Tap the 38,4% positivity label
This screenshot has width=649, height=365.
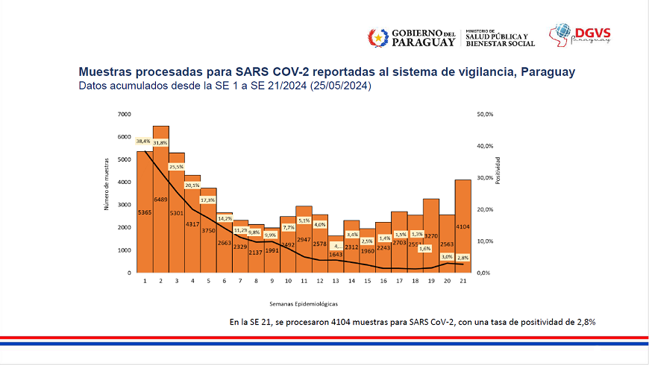click(x=143, y=141)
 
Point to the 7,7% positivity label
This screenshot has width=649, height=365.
click(x=288, y=227)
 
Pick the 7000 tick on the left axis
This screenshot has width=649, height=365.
click(x=124, y=115)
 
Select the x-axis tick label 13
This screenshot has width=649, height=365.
click(x=336, y=282)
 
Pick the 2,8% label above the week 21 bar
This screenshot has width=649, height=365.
click(x=463, y=256)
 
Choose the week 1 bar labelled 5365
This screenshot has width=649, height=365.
click(x=144, y=212)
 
